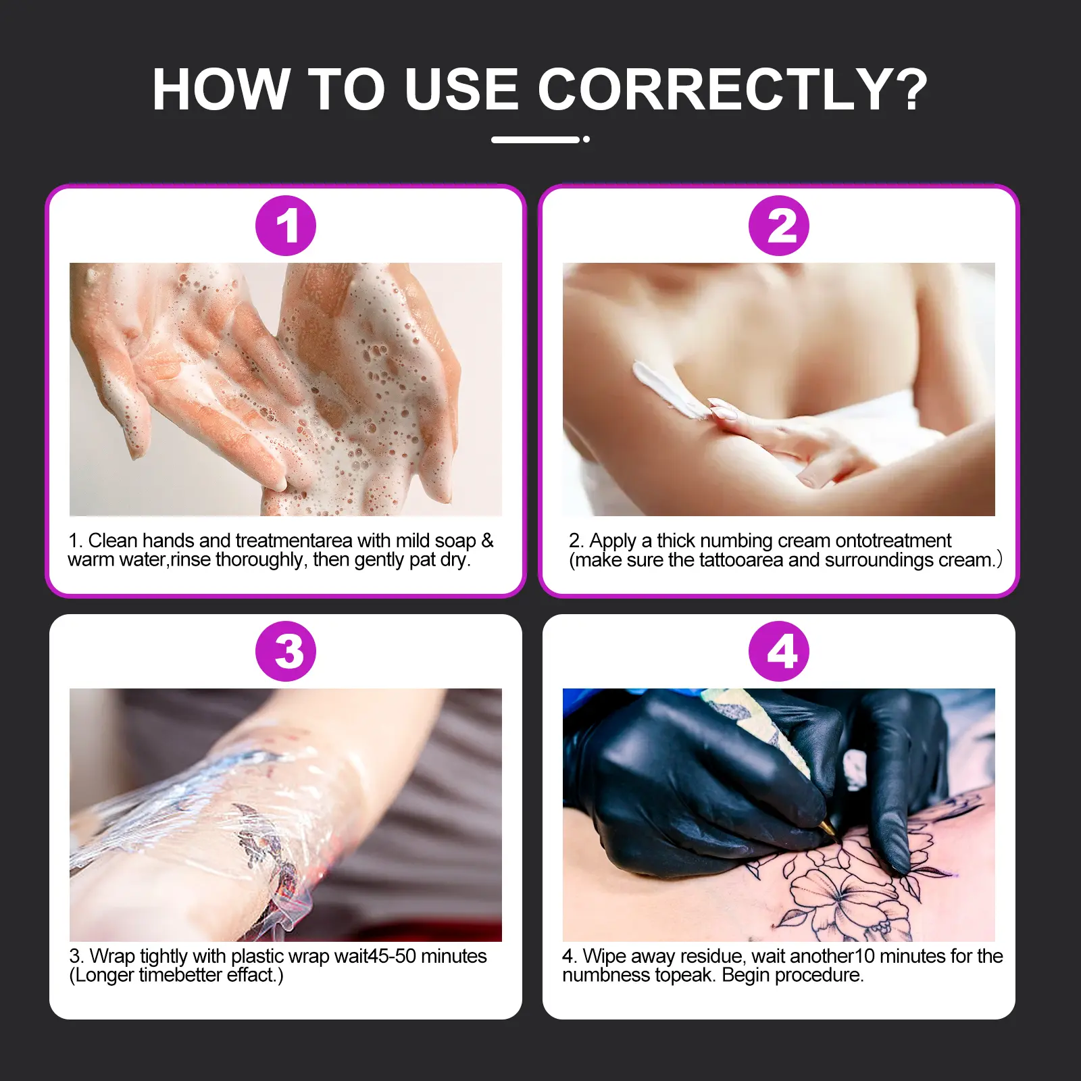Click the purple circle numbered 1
tap(286, 226)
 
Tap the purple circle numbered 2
tap(779, 226)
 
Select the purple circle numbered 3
tap(286, 651)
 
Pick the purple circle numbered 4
tap(779, 651)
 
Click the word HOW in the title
tap(221, 89)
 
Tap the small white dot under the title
tap(586, 139)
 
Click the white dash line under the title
tap(535, 140)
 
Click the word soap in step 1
tap(455, 541)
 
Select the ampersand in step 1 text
tap(487, 540)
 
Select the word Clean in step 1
tap(113, 540)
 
